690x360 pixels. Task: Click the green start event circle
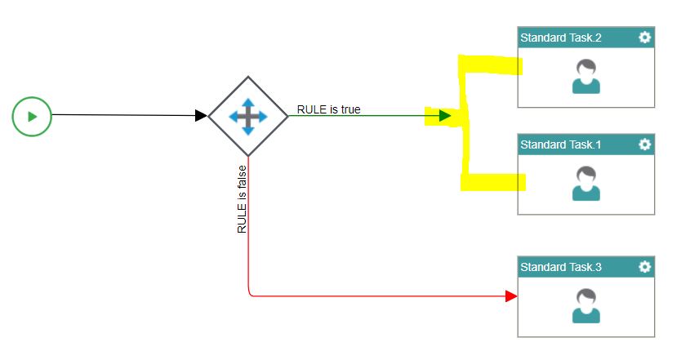(x=32, y=117)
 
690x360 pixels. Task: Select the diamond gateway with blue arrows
(x=248, y=117)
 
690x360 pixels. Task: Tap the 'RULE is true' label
(x=328, y=109)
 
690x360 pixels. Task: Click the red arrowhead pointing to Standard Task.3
(x=511, y=296)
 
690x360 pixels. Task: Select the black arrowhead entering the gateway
(x=201, y=116)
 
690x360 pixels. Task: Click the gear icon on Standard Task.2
(x=645, y=38)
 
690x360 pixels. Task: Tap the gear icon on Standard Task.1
(x=645, y=144)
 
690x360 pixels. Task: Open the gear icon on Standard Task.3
(x=645, y=267)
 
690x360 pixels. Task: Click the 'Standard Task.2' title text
(x=561, y=38)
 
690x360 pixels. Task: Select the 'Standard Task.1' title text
(x=561, y=145)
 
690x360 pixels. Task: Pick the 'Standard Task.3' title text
(x=561, y=268)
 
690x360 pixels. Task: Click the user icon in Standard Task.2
(x=586, y=77)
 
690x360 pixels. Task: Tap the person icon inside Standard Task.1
(x=586, y=184)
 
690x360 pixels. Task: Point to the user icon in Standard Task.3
(x=586, y=306)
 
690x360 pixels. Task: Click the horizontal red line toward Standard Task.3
(x=376, y=296)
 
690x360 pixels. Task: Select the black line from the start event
(x=122, y=115)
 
